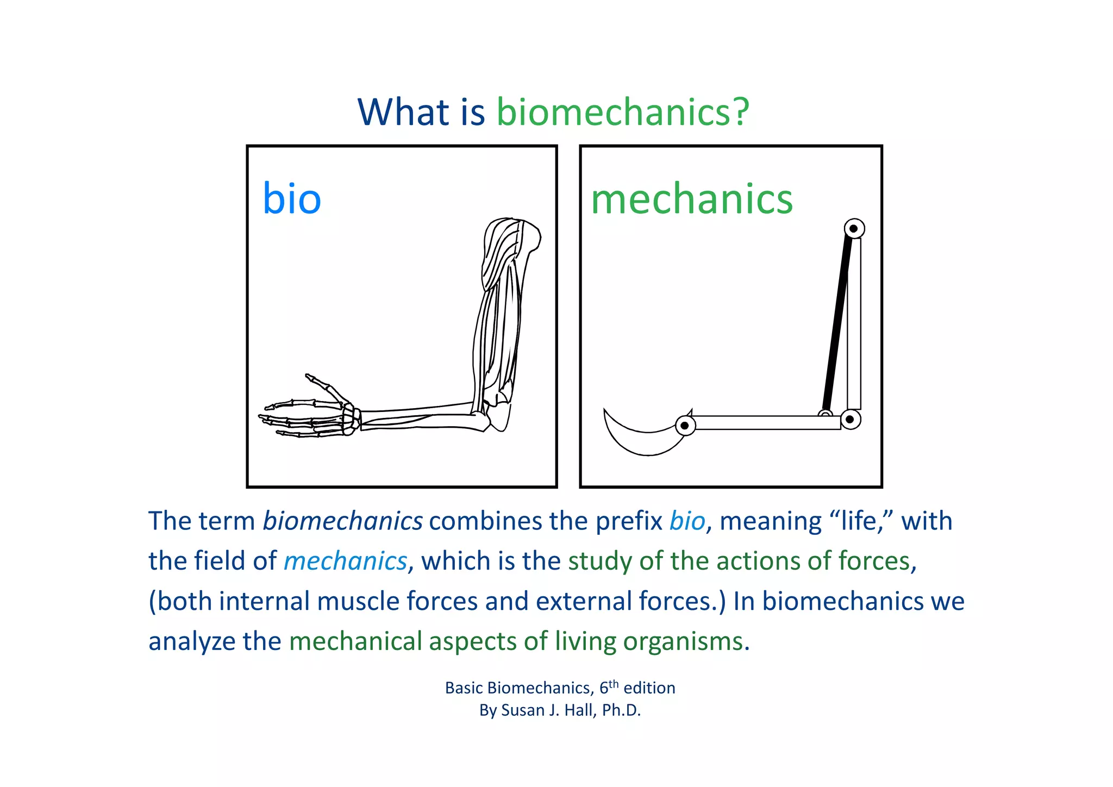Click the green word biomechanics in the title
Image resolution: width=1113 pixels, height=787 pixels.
(x=622, y=112)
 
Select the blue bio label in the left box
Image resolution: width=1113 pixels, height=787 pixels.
(x=292, y=198)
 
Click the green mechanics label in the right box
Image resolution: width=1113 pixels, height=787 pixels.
(x=691, y=199)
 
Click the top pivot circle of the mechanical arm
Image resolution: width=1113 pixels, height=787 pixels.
(x=854, y=228)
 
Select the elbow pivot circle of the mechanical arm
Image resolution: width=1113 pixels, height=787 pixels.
(x=850, y=419)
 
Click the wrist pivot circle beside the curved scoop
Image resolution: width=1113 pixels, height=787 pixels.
(x=685, y=426)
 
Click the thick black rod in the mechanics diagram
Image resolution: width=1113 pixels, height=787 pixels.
(x=837, y=321)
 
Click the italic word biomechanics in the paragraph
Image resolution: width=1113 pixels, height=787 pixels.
(x=342, y=521)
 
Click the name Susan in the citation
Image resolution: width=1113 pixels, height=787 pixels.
(x=522, y=710)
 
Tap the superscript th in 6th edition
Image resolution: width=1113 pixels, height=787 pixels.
(x=613, y=684)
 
